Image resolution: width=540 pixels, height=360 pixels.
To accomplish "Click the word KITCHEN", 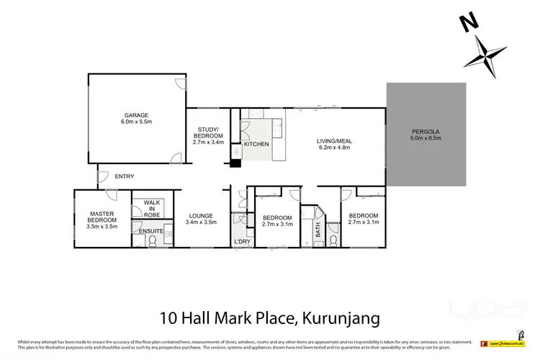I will (256, 145).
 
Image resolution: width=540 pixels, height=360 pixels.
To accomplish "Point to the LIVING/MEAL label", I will (333, 140).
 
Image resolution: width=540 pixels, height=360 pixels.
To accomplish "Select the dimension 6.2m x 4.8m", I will (333, 148).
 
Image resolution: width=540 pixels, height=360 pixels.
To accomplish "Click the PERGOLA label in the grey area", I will (426, 130).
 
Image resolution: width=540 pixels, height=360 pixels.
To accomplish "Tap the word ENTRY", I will (124, 176).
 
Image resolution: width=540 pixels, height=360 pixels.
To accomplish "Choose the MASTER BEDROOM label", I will (102, 217).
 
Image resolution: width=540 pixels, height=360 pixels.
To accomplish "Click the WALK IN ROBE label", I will (151, 210).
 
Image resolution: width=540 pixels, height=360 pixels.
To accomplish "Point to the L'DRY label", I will (241, 240).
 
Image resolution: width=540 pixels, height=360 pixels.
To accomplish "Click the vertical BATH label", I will (317, 230).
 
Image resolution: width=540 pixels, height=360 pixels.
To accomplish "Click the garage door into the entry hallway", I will (176, 159).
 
